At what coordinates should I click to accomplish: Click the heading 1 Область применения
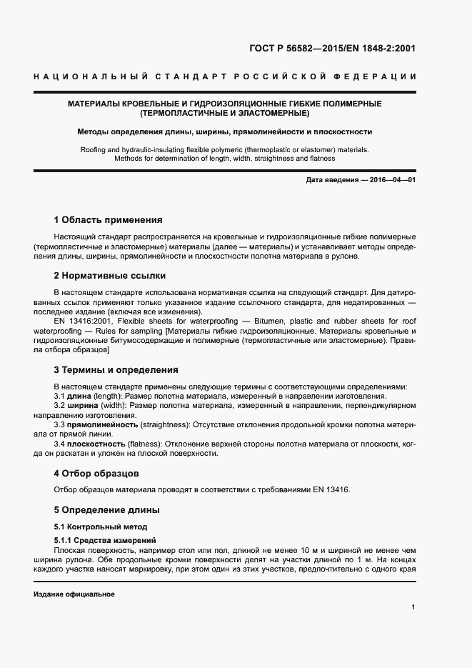click(x=108, y=219)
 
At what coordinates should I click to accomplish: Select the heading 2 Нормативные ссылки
click(x=109, y=275)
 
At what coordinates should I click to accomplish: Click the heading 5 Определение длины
click(x=106, y=510)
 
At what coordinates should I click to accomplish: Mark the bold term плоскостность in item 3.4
click(x=99, y=444)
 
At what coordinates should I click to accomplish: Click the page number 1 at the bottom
click(x=413, y=607)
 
